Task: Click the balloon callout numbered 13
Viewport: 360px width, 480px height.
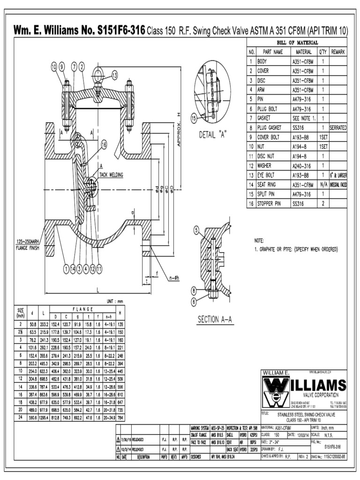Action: click(114, 75)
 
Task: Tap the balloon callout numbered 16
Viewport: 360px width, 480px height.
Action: click(104, 144)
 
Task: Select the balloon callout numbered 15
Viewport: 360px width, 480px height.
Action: click(194, 119)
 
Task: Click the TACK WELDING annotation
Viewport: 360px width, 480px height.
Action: click(111, 175)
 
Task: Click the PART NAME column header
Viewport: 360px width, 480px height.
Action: click(272, 52)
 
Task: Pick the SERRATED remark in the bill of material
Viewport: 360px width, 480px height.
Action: click(338, 127)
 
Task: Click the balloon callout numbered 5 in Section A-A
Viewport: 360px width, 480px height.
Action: click(196, 230)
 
